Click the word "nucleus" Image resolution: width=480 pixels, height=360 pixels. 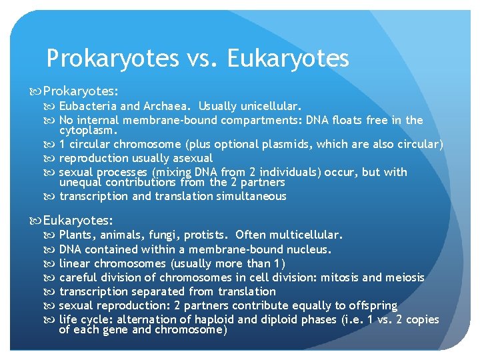[309, 249]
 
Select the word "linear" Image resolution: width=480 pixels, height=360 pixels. [75, 263]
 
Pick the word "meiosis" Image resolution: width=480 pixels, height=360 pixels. [403, 277]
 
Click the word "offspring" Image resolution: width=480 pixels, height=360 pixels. [370, 305]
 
